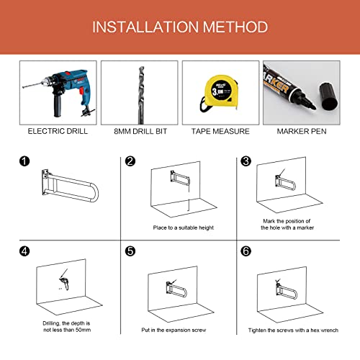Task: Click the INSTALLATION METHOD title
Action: point(180,27)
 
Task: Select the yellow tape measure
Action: point(219,92)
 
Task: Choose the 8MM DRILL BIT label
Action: point(138,132)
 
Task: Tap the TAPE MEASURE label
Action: point(220,132)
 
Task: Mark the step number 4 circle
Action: point(25,253)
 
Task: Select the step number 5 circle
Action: point(130,253)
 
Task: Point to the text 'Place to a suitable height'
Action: point(184,228)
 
